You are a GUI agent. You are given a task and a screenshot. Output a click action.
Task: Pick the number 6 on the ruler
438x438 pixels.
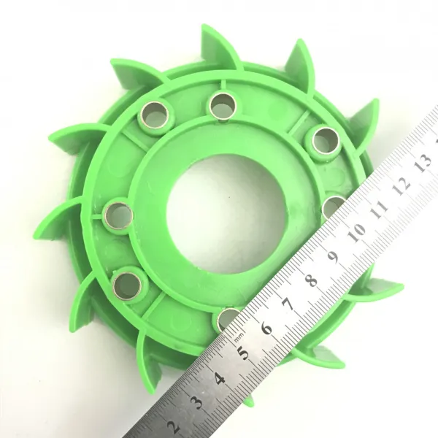tap(266, 328)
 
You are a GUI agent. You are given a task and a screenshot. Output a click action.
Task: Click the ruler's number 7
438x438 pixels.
tap(289, 304)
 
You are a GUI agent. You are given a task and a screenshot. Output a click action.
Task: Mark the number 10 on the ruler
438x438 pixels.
tap(357, 232)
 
